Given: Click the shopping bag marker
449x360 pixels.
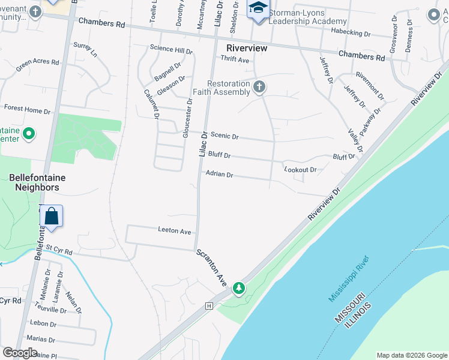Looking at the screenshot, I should click(52, 217).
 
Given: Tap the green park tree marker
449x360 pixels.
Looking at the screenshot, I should click(239, 289).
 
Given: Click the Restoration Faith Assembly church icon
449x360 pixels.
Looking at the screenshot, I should click(259, 88).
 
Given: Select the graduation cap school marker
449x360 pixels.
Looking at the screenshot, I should click(259, 8).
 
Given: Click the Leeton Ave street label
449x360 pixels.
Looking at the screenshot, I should click(174, 231).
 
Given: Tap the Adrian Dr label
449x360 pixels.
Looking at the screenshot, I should click(219, 175).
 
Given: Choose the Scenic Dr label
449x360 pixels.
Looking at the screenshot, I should click(224, 137).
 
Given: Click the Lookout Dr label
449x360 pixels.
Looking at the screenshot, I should click(300, 170).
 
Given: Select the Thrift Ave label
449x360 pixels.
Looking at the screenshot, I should click(235, 59).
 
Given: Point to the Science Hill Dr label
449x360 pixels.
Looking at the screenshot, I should click(171, 49).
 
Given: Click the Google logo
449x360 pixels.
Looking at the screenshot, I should click(20, 353).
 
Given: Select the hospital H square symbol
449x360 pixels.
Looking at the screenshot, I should click(209, 306).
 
